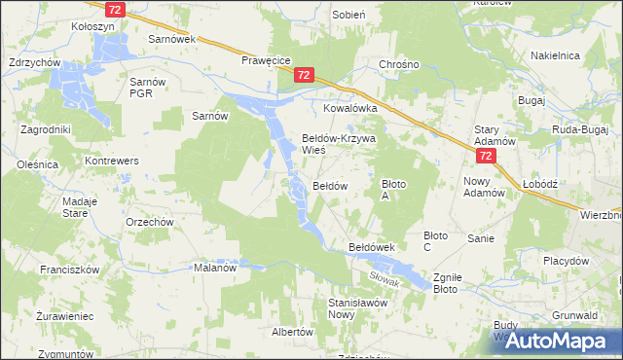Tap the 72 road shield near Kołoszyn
pyautogui.click(x=117, y=9)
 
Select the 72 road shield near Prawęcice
pyautogui.click(x=305, y=75)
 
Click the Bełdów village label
pyautogui.click(x=329, y=185)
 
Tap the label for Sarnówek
pyautogui.click(x=171, y=39)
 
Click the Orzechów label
pyautogui.click(x=149, y=222)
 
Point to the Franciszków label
pyautogui.click(x=65, y=269)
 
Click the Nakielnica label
pyautogui.click(x=557, y=56)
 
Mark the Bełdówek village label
pyautogui.click(x=371, y=248)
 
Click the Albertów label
pyautogui.click(x=291, y=332)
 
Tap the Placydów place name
pyautogui.click(x=567, y=261)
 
